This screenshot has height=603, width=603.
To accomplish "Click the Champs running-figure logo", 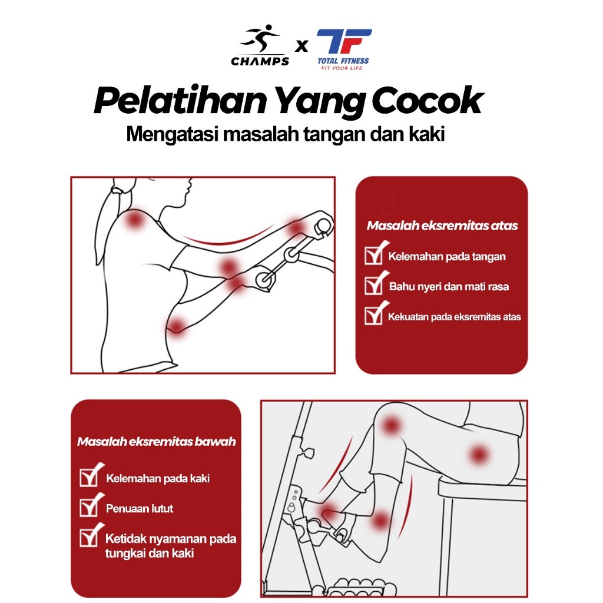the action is point(260,39).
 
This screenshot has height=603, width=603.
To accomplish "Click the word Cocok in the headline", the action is point(428,100).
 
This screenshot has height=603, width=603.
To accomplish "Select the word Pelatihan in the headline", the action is point(180,100).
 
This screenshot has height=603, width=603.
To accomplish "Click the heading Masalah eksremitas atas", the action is point(442,226).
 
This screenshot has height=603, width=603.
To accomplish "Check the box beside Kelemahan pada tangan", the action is point(374,255).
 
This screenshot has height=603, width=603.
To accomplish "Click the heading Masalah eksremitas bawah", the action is point(157,442).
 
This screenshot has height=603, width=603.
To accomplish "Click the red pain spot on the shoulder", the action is point(134,220).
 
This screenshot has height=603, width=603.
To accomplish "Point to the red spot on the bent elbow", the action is point(177,326).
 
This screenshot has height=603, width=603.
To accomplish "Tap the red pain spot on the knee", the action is point(391,425).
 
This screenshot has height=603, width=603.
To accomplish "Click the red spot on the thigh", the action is point(479,455).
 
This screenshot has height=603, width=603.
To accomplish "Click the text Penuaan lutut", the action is point(140,509).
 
